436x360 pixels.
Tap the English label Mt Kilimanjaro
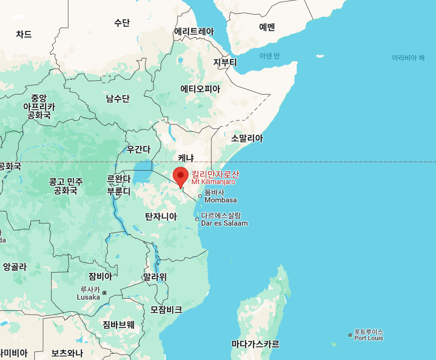[x=213, y=182]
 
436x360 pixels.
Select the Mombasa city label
[x=220, y=200]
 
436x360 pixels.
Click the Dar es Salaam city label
[x=224, y=223]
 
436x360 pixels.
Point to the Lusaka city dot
[x=104, y=293]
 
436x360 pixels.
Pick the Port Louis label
[x=368, y=338]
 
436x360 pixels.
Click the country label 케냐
[x=186, y=158]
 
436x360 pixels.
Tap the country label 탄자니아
[x=161, y=216]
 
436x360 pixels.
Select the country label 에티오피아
[x=200, y=89]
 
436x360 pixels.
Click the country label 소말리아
[x=247, y=139]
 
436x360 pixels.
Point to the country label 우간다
[x=139, y=149]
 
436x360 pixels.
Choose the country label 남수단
[x=118, y=99]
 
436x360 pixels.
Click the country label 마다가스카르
[x=255, y=344]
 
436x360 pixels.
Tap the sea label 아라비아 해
[x=408, y=58]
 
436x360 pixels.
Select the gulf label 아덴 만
[x=269, y=56]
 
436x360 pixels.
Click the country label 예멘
[x=267, y=28]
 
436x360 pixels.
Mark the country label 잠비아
[x=100, y=276]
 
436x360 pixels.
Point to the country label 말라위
[x=155, y=277]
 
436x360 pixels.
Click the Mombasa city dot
[x=200, y=196]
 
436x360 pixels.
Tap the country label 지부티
[x=225, y=62]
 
